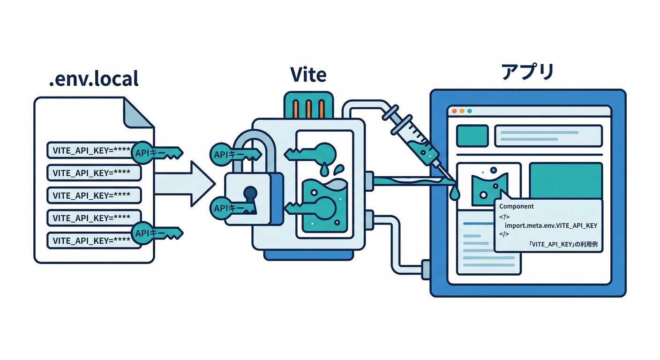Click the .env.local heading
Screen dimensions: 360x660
tap(94, 78)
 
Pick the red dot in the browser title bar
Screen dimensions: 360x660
tap(454, 111)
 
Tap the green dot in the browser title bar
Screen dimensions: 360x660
tap(469, 111)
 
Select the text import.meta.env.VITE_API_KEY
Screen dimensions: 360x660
tap(551, 225)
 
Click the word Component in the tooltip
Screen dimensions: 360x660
tap(517, 206)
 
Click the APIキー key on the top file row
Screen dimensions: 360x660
tap(157, 151)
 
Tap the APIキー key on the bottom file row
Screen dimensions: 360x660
tap(157, 233)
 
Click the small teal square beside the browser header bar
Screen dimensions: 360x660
tap(472, 135)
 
